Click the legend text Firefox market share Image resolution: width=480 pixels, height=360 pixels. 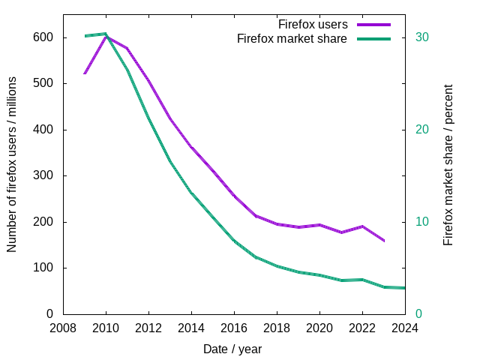292,38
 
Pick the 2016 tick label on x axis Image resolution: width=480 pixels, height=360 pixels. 234,328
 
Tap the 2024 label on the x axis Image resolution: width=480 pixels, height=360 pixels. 405,328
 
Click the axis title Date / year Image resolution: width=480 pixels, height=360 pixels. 232,349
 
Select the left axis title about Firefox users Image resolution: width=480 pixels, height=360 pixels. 13,174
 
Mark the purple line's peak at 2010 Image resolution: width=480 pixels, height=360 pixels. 106,36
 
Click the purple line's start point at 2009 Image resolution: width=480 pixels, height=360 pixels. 85,73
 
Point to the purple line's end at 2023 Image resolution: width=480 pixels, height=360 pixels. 384,241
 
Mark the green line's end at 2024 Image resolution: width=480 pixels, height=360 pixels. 404,288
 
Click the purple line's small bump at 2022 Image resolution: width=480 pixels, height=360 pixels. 362,226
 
